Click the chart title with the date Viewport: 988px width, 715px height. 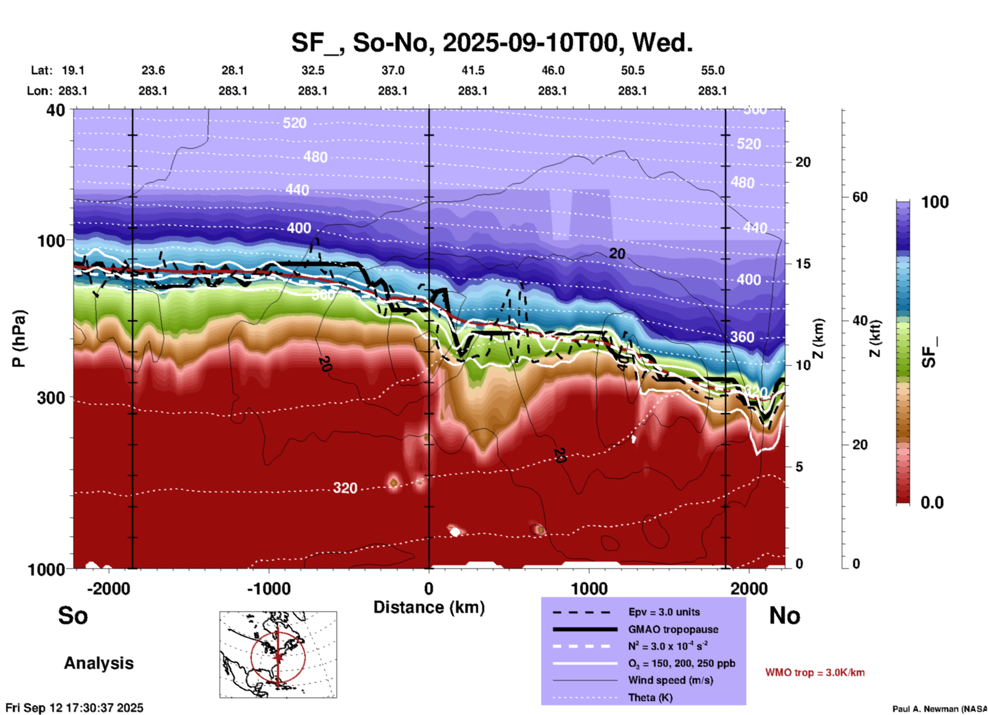492,42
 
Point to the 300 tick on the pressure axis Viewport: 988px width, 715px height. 51,398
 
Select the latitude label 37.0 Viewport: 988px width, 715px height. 392,70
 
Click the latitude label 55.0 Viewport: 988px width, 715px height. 713,70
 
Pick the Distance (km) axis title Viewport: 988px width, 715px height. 429,607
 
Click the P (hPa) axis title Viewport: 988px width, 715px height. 19,339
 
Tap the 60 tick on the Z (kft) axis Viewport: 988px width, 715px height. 860,197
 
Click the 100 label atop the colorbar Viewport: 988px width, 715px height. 935,202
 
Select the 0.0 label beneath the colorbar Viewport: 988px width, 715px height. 932,503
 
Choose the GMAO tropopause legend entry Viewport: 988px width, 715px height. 673,629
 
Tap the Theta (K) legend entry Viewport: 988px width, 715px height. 650,698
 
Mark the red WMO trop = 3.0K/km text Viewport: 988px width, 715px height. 815,672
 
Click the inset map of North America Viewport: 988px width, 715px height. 278,654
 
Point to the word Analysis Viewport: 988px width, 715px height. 98,663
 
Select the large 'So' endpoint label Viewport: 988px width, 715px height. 73,615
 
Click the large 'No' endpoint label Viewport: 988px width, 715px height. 784,615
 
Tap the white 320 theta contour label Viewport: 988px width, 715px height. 345,488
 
